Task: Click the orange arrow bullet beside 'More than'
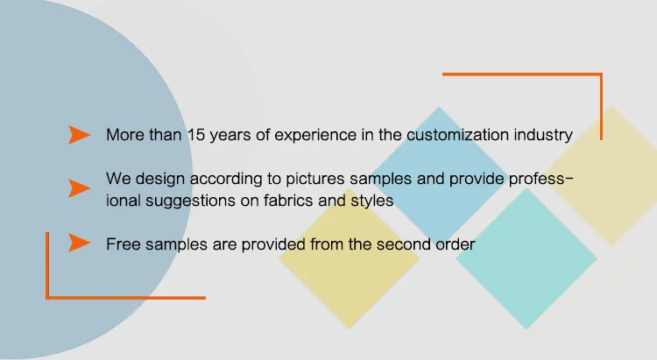79,135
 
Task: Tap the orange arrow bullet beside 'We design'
79,188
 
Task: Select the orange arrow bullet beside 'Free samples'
79,243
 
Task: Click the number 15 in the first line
195,135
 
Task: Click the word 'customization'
458,135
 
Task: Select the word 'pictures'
315,179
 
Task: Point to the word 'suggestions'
190,201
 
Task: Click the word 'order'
455,244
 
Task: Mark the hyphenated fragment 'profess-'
541,180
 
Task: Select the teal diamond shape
526,258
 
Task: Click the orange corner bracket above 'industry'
601,107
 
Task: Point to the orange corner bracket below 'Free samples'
47,265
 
